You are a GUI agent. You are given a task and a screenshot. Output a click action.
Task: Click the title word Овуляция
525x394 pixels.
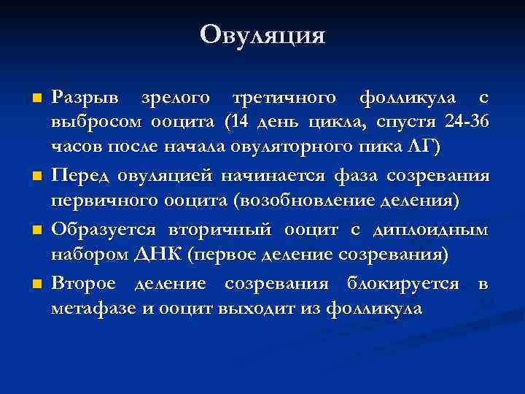click(262, 34)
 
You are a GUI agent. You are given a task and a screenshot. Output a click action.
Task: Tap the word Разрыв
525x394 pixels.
click(90, 97)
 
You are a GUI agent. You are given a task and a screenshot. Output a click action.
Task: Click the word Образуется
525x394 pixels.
click(103, 229)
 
